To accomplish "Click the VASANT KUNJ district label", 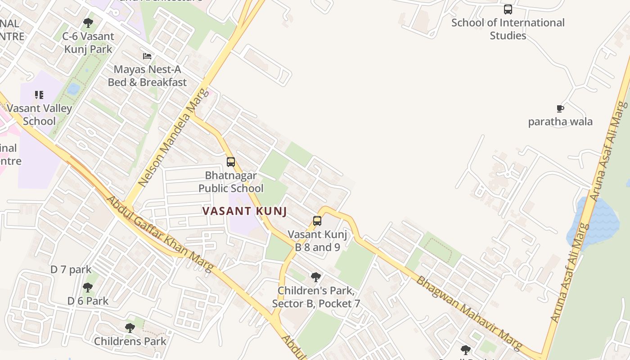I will pyautogui.click(x=244, y=211).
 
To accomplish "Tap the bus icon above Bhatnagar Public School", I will pyautogui.click(x=231, y=162).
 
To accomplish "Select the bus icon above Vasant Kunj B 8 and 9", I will pyautogui.click(x=317, y=221).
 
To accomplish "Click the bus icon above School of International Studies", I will pyautogui.click(x=508, y=9).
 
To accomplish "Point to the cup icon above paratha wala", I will pyautogui.click(x=560, y=108).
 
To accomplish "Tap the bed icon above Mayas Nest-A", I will pyautogui.click(x=147, y=56).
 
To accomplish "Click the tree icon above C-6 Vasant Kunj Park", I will pyautogui.click(x=88, y=23).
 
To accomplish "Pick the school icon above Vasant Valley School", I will pyautogui.click(x=39, y=95).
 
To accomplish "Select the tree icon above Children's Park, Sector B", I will pyautogui.click(x=316, y=277).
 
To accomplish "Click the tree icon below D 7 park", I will pyautogui.click(x=88, y=288).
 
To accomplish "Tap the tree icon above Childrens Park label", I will pyautogui.click(x=130, y=328).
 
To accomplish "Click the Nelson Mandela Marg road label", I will pyautogui.click(x=174, y=138).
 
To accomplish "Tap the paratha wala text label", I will pyautogui.click(x=560, y=121).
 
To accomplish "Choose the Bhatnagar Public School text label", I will pyautogui.click(x=231, y=182).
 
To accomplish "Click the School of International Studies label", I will pyautogui.click(x=508, y=29).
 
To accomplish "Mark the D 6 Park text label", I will pyautogui.click(x=88, y=301).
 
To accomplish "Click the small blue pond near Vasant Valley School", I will pyautogui.click(x=73, y=89).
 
